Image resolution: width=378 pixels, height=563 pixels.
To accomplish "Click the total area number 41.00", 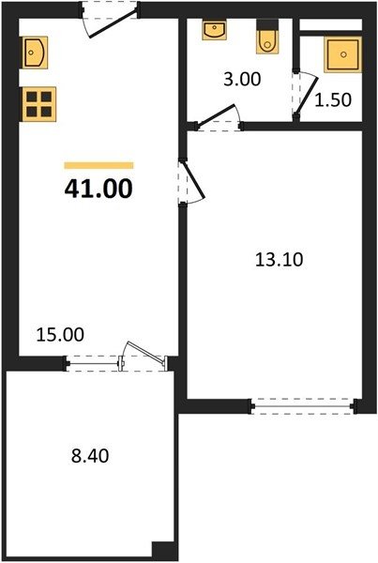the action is click(98, 189).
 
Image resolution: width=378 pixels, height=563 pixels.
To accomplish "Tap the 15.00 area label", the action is click(60, 334).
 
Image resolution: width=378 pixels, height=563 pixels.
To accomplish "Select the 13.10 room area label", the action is click(279, 259).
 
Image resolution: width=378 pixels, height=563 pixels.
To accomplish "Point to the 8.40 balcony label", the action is click(90, 456).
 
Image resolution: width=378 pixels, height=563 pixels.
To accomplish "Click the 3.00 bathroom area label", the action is click(242, 79).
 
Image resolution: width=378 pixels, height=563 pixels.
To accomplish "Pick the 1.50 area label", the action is click(333, 100).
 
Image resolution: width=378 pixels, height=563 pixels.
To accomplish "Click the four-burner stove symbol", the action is click(38, 104).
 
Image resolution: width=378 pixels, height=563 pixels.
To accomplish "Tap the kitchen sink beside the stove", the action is click(36, 53).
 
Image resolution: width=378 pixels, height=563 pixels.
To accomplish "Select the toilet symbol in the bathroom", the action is click(267, 37).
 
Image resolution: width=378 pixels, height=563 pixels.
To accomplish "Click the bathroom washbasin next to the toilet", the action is click(214, 30).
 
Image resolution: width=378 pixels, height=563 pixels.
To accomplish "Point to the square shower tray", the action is click(342, 54).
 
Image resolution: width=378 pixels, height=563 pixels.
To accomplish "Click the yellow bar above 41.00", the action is click(98, 165).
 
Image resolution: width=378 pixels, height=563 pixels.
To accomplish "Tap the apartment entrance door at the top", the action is click(113, 24).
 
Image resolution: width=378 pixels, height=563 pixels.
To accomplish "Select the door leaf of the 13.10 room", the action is click(194, 179).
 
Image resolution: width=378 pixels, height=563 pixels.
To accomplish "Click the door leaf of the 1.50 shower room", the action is click(307, 95).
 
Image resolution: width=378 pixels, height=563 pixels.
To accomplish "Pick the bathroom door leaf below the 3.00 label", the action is click(216, 115).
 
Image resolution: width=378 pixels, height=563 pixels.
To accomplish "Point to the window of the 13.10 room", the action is click(303, 406).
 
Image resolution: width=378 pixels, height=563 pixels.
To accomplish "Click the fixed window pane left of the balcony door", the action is click(94, 364).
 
